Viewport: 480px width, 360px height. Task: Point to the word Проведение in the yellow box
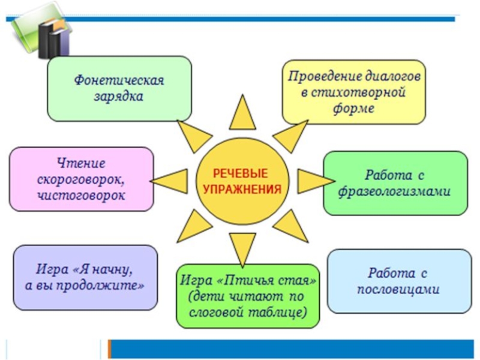[x=318, y=77]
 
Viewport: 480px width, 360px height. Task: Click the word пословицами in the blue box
[x=398, y=289]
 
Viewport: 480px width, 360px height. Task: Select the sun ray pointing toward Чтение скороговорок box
[x=171, y=179]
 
